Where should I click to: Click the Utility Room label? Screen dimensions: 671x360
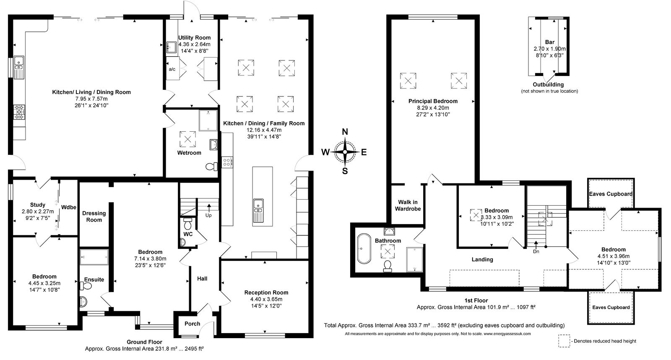(195, 38)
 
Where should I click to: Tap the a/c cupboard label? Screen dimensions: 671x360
(172, 69)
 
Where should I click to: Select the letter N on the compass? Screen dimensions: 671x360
(345, 132)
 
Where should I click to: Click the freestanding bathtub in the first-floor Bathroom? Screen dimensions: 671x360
(364, 248)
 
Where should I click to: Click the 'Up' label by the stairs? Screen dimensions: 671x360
(208, 215)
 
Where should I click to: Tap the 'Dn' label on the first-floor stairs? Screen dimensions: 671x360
(536, 251)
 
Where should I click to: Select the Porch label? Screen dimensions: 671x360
(192, 324)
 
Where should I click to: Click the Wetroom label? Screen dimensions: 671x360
(189, 153)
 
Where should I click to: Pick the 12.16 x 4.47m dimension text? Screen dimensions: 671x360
(264, 130)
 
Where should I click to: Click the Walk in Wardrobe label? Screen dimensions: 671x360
(408, 206)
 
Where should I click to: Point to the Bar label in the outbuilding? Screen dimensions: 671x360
(550, 42)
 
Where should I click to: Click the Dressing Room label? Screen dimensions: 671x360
(94, 217)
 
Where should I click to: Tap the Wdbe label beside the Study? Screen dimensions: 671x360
(69, 207)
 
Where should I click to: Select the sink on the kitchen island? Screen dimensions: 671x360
(258, 211)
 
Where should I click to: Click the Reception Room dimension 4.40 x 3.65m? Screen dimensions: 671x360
(266, 299)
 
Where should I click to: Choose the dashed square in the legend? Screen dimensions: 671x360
(564, 341)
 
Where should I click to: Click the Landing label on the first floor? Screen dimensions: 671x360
(482, 260)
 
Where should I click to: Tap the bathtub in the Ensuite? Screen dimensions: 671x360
(94, 257)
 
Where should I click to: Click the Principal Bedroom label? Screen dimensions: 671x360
(433, 101)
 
